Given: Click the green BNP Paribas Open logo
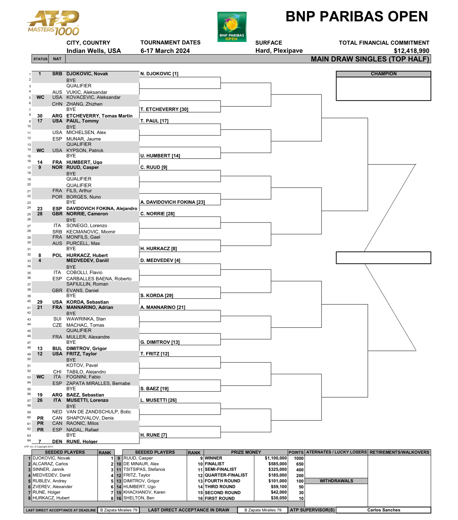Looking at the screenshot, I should pyautogui.click(x=232, y=27).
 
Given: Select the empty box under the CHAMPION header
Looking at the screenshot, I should pyautogui.click(x=383, y=89).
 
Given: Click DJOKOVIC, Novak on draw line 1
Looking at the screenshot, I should pyautogui.click(x=87, y=74).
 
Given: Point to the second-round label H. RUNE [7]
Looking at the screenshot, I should pyautogui.click(x=153, y=435).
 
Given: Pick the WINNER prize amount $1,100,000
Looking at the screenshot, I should pyautogui.click(x=276, y=458).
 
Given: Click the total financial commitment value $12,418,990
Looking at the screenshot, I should pyautogui.click(x=411, y=51).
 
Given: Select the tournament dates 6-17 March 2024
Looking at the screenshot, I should pyautogui.click(x=165, y=51).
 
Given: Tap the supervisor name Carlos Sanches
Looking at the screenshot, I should pyautogui.click(x=383, y=510).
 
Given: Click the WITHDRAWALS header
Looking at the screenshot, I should pyautogui.click(x=336, y=481).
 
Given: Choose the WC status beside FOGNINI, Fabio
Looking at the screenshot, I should pyautogui.click(x=40, y=377).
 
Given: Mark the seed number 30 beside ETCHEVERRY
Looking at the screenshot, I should pyautogui.click(x=40, y=116).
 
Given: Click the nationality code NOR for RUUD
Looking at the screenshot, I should pyautogui.click(x=57, y=167).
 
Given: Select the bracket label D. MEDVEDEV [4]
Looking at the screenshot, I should pyautogui.click(x=160, y=261).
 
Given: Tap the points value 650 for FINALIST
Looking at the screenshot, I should pyautogui.click(x=299, y=464).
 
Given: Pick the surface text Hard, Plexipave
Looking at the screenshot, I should pyautogui.click(x=279, y=51).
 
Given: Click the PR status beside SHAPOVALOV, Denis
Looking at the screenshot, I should pyautogui.click(x=40, y=418).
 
